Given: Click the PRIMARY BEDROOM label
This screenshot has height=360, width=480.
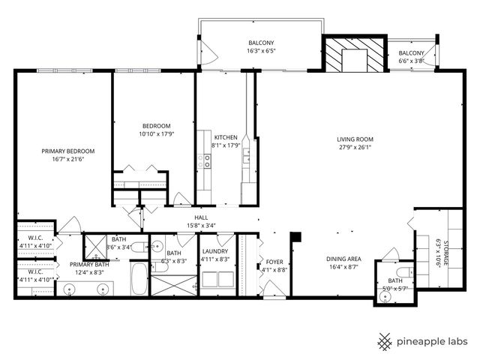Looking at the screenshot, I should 64,150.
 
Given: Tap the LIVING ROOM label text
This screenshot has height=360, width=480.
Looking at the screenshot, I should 355,139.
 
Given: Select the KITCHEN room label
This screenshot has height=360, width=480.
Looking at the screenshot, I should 226,137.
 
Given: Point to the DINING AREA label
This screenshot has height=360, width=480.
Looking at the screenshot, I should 343,258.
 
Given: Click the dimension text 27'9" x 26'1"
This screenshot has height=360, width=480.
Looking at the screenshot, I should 355,147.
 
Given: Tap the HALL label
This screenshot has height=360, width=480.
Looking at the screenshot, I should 200,216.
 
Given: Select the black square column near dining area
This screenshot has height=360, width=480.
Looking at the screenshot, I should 295,238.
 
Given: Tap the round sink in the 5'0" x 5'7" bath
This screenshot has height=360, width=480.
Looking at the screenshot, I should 385,296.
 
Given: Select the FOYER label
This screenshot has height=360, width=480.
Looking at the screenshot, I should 274,262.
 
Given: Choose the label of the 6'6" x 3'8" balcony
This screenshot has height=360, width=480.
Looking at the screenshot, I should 411,52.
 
